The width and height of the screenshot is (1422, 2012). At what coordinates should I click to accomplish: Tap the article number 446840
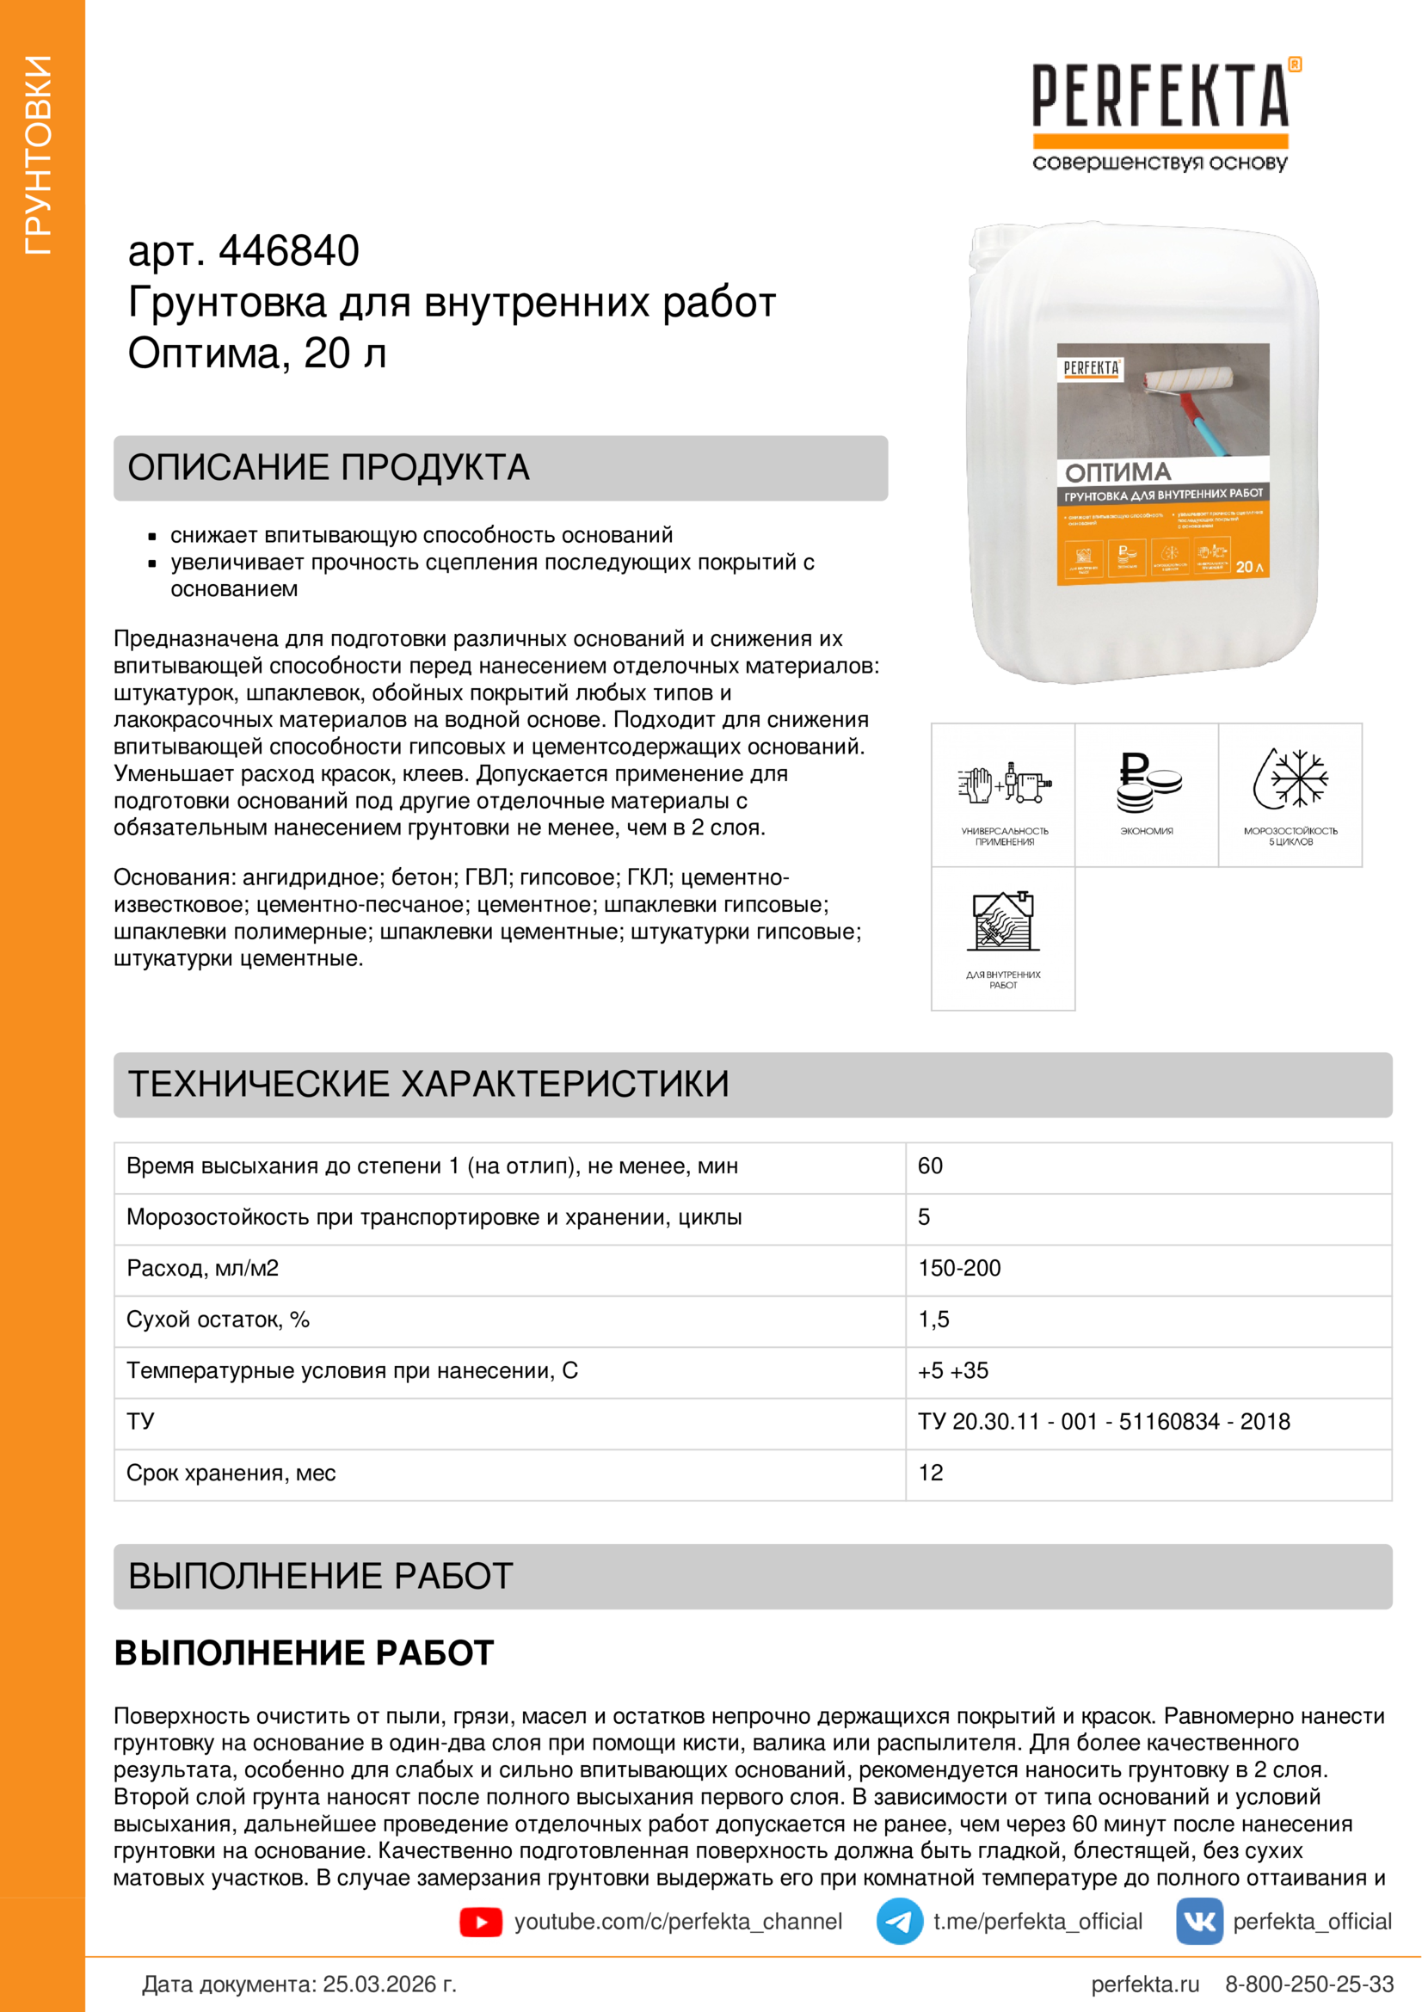(288, 251)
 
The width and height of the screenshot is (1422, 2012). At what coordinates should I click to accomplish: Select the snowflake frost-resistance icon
(1290, 778)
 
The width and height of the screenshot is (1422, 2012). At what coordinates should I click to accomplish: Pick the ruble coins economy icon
(1147, 782)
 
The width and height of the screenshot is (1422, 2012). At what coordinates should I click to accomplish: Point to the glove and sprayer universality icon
(1003, 782)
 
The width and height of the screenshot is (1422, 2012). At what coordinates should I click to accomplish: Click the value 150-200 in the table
(958, 1268)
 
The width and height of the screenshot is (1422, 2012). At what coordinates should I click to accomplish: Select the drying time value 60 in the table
(930, 1166)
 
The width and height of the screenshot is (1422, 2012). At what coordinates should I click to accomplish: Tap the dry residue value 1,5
(933, 1320)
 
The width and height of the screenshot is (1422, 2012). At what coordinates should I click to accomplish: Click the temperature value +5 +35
(952, 1370)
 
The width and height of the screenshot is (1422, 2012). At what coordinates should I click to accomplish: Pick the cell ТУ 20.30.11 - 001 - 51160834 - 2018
(1103, 1421)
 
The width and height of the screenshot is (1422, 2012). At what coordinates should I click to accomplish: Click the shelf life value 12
(931, 1473)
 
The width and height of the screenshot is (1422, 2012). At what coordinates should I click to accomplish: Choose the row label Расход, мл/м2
(202, 1268)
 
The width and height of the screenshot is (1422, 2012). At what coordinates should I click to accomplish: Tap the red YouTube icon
(480, 1922)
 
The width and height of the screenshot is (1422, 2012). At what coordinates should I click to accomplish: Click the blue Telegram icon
(899, 1922)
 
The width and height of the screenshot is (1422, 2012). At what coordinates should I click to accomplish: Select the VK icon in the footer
(1198, 1922)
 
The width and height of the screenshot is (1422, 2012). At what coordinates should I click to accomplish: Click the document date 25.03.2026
(389, 1984)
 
